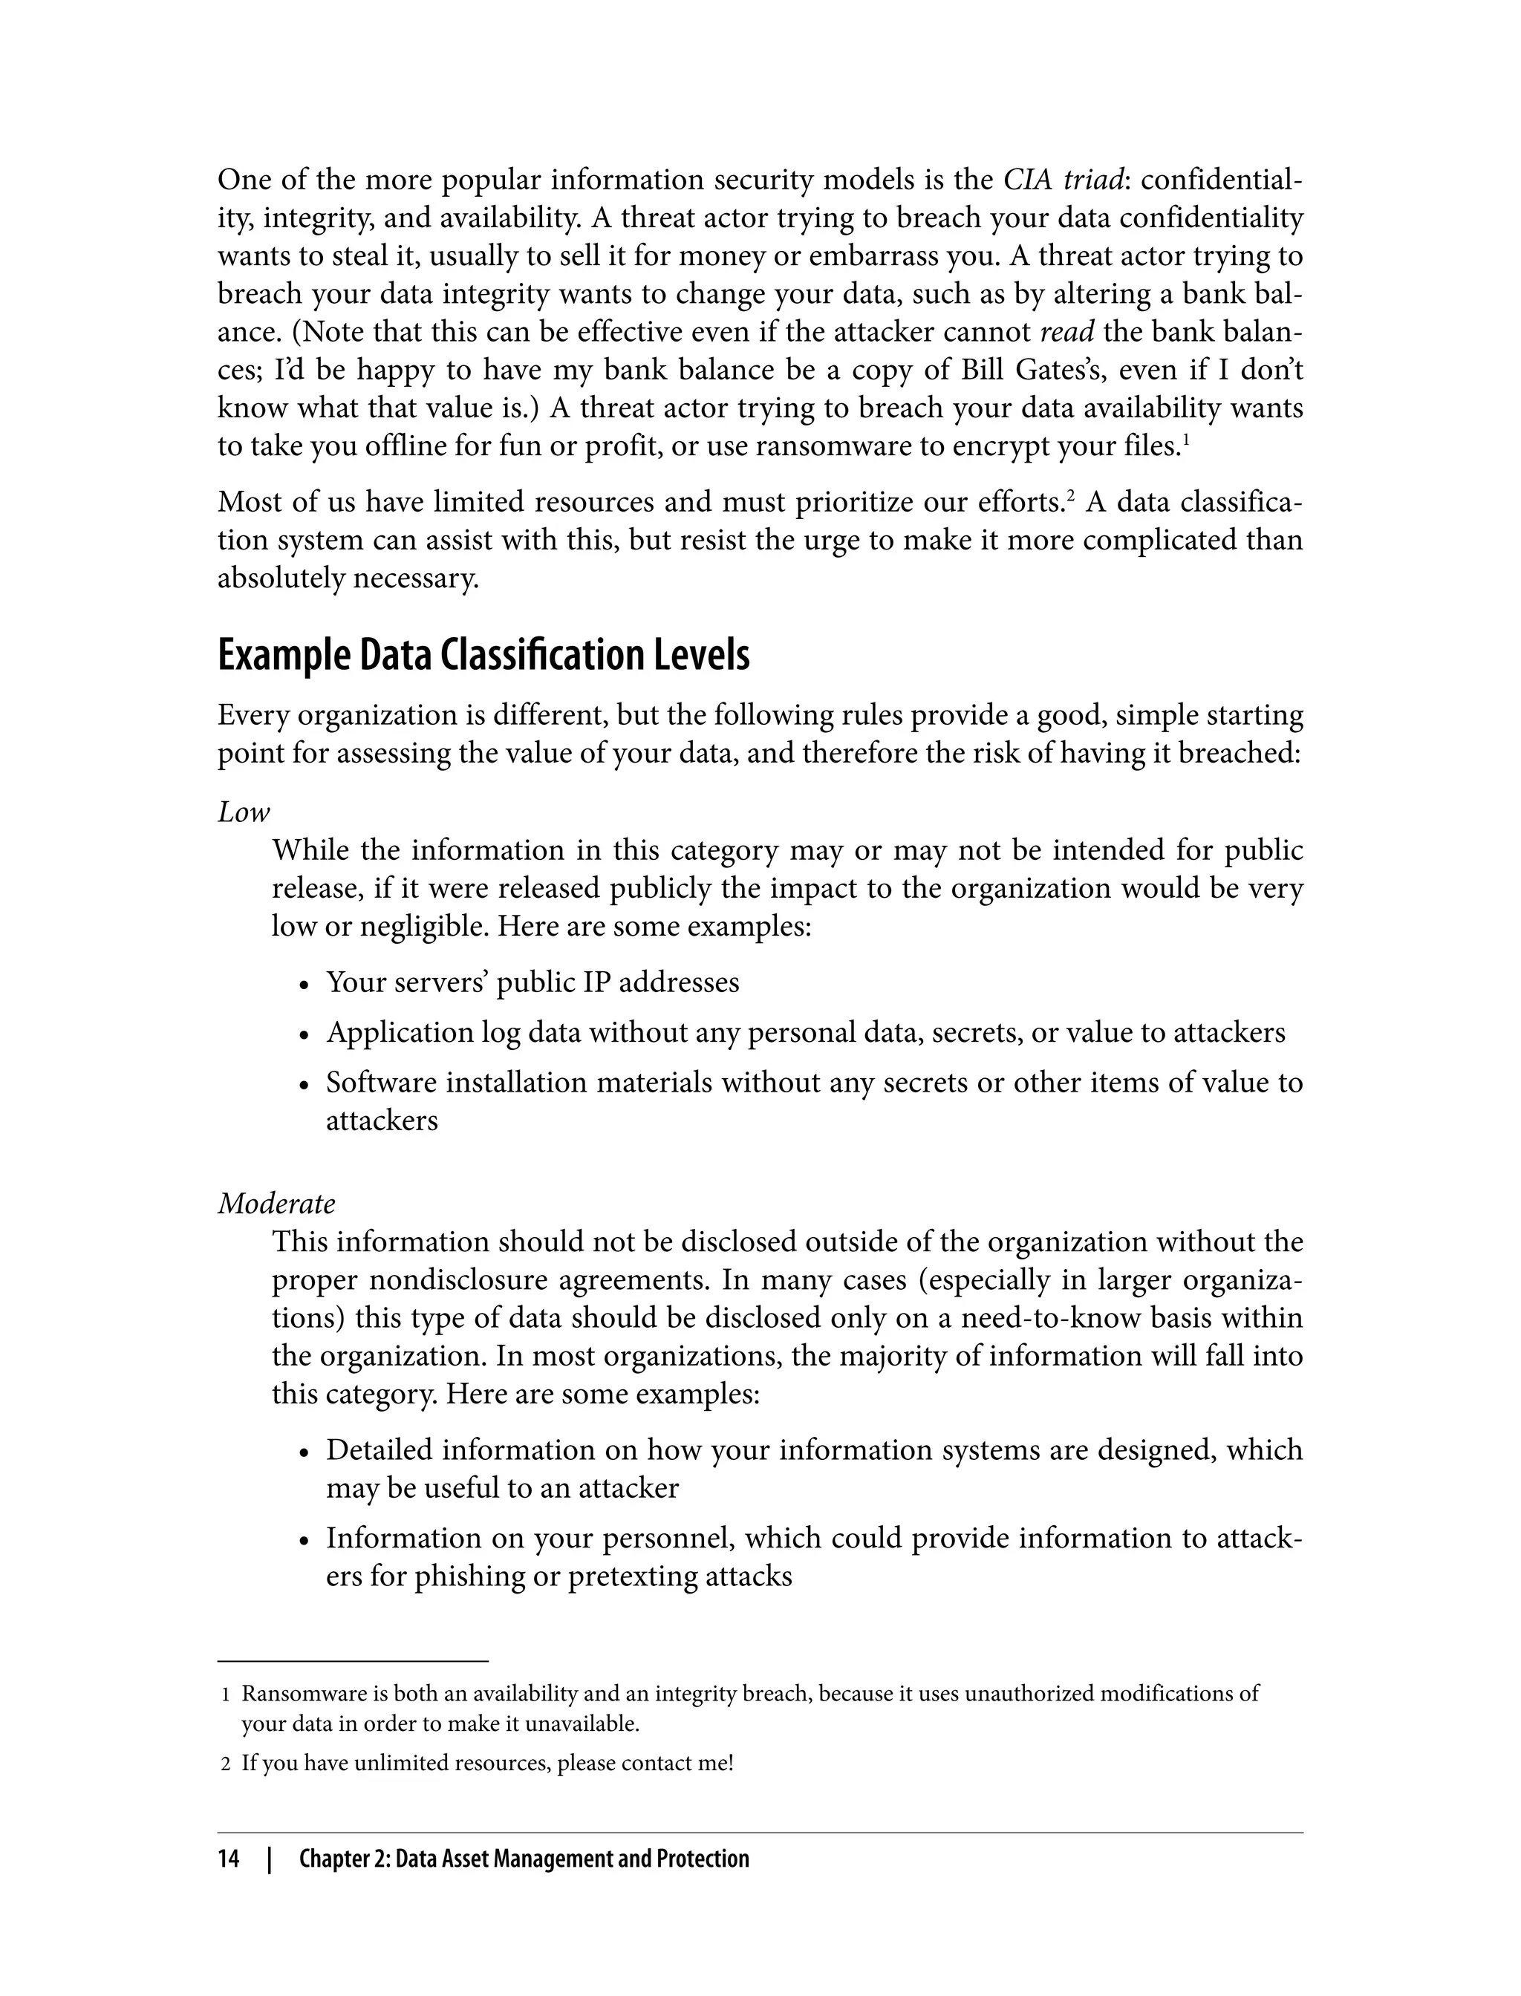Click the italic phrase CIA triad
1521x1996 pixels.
pos(1061,180)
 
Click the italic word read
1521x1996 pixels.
pos(1066,332)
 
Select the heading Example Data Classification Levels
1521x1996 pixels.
pos(483,656)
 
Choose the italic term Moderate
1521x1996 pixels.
pos(276,1203)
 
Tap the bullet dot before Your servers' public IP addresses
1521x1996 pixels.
pos(305,985)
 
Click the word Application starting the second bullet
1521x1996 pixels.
pos(388,1033)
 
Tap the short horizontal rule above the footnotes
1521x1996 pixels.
pos(352,1662)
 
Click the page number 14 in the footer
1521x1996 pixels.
pos(228,1859)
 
